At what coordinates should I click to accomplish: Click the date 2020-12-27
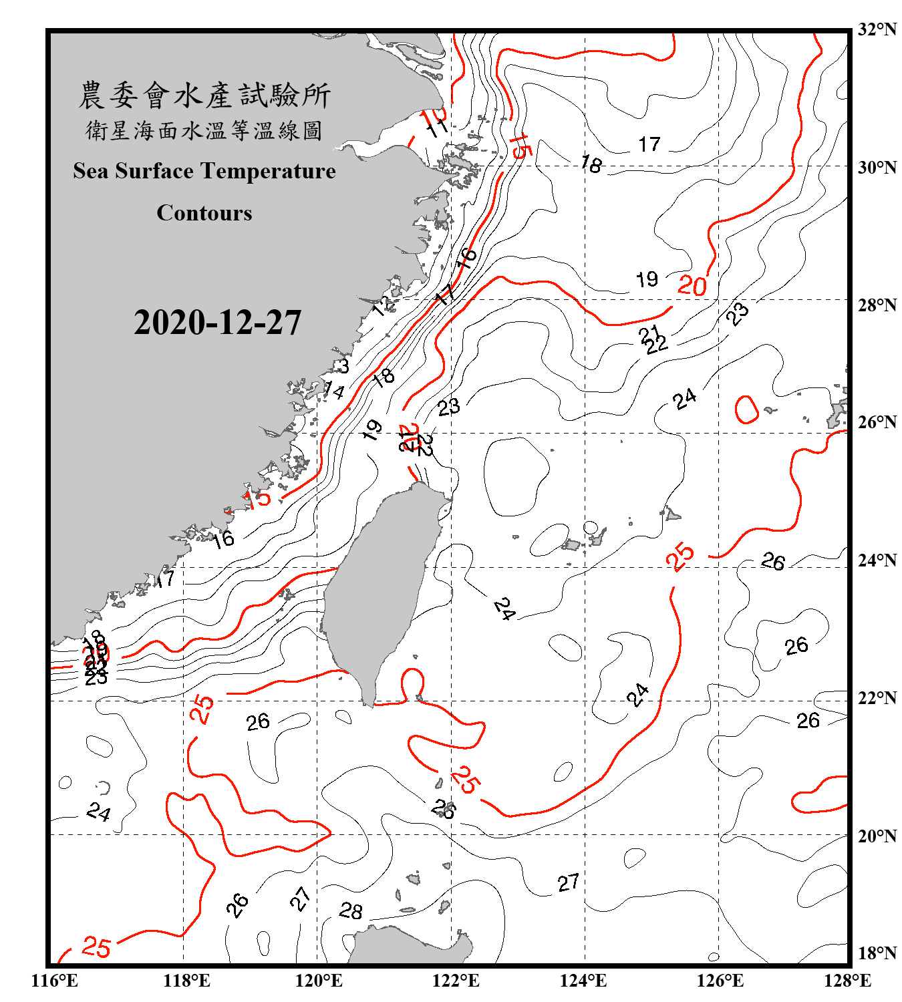coord(217,323)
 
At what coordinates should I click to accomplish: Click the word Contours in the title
coord(204,213)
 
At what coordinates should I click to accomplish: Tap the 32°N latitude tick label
coord(877,29)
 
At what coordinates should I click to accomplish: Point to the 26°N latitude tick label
coord(877,422)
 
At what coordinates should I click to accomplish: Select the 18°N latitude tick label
coord(877,953)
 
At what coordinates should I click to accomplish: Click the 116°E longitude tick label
coord(55,981)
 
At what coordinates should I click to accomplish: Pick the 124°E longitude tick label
coord(583,981)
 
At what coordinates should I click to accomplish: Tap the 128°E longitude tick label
coord(847,981)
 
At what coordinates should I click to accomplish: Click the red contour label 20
coord(692,286)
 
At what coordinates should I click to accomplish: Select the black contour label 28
coord(351,910)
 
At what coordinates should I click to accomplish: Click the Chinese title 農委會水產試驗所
coord(204,96)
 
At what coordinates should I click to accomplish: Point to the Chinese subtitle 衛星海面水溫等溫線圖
coord(204,131)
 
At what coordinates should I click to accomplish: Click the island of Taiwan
coord(378,588)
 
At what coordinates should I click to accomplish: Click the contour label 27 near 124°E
coord(568,883)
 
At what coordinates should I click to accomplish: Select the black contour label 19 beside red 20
coord(647,279)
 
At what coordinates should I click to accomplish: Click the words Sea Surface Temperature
coord(204,172)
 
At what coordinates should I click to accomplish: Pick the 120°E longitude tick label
coord(319,981)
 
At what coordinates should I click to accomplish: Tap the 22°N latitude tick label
coord(877,698)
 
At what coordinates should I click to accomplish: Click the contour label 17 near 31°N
coord(649,144)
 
